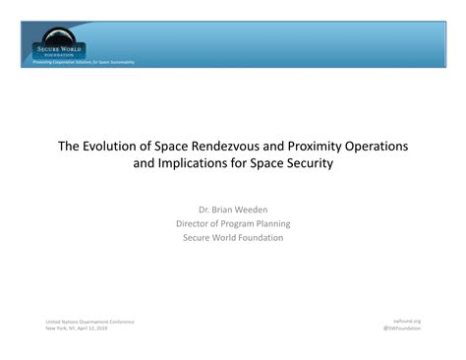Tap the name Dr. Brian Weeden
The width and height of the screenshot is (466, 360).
(233, 210)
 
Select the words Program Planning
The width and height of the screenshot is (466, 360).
(259, 223)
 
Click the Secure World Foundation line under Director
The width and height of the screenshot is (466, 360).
(233, 237)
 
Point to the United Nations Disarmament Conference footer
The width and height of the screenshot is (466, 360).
(89, 322)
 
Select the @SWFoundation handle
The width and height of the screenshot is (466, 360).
(401, 329)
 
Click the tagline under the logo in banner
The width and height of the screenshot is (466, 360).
(84, 62)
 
